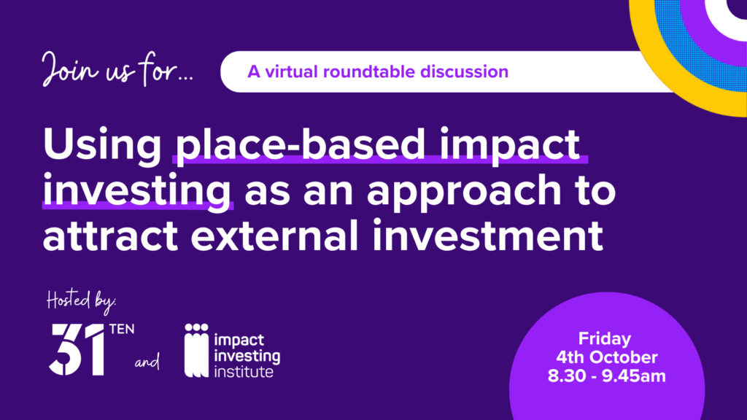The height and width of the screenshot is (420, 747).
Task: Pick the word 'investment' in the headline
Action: coord(487,236)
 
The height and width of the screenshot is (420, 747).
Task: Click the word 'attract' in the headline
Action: coord(111,236)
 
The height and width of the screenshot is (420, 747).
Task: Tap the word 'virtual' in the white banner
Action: coord(291,72)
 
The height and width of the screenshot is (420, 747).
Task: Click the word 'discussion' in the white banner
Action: coord(464,72)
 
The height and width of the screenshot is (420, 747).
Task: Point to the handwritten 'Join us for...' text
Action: coord(117,69)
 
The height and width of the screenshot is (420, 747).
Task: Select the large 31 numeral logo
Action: coord(77,349)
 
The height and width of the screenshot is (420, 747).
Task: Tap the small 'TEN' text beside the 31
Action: coord(122,329)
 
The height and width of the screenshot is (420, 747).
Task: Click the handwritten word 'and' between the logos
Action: coord(147,362)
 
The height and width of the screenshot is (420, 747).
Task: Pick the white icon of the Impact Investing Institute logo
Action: coord(196,351)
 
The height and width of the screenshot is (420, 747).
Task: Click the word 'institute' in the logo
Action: coord(244,371)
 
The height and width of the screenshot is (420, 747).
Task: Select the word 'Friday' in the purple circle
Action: coord(605,338)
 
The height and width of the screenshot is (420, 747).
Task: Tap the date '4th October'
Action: coord(607,357)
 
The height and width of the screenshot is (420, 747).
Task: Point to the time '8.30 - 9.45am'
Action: coord(607,376)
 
